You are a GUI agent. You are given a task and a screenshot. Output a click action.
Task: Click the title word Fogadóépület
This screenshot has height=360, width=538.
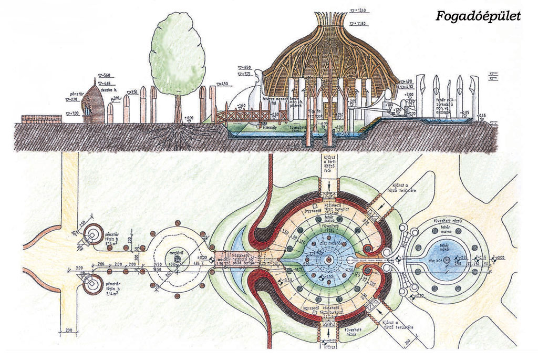(478, 16)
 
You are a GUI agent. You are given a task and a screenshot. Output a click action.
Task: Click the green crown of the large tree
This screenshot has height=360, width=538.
(177, 53)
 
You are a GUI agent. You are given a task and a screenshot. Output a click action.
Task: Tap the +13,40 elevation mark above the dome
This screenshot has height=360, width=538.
(360, 10)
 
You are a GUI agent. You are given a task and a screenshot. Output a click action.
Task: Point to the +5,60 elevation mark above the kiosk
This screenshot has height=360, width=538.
(106, 75)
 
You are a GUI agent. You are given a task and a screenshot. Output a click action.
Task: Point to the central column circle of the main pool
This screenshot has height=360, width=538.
(329, 261)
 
